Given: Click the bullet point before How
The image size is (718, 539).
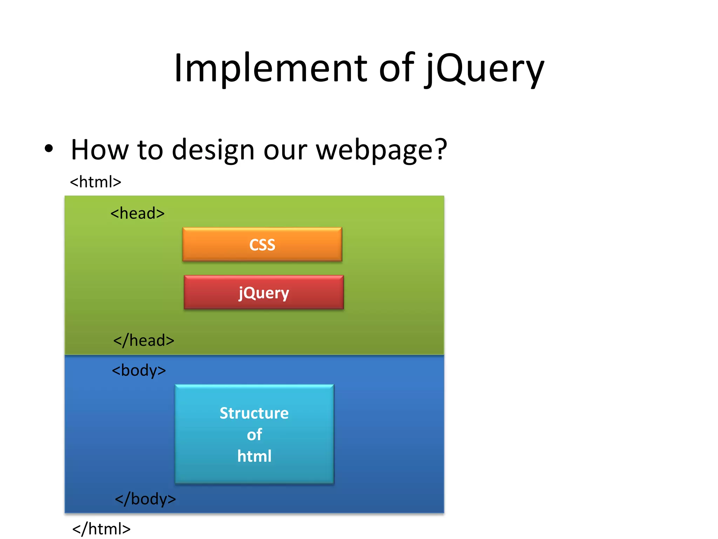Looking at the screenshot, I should [49, 148].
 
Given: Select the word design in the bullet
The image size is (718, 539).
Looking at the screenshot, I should [213, 150].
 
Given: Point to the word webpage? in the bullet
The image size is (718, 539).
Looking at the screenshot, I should [381, 150].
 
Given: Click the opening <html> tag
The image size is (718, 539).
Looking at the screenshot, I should [95, 182].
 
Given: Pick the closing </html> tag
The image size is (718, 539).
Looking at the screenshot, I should [101, 529].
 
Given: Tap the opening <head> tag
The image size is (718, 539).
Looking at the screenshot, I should [137, 213].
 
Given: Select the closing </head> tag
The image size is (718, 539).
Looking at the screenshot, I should [144, 340].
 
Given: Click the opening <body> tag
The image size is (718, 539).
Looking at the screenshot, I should [139, 371].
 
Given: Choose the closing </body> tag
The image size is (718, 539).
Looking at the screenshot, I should [145, 499].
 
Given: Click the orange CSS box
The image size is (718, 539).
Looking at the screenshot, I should [262, 244].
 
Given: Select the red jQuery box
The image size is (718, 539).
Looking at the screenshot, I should [264, 292].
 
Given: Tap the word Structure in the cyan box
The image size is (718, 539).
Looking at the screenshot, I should [254, 413].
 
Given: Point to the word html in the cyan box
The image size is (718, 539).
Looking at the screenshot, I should [254, 456].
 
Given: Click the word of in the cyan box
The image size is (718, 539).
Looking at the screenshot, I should [254, 435].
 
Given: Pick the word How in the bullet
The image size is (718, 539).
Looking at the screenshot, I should [100, 150].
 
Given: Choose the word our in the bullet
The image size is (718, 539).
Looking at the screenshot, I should [285, 150].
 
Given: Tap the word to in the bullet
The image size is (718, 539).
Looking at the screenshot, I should [150, 150].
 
